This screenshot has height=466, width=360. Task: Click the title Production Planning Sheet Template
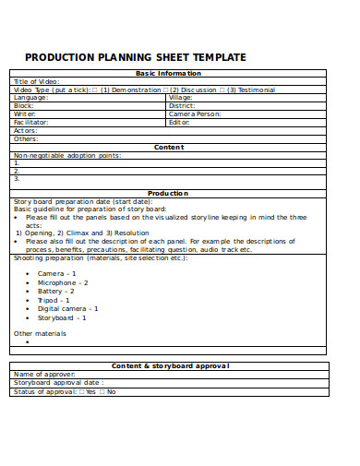(135, 57)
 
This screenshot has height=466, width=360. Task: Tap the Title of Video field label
(36, 81)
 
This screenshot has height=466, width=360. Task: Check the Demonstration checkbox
(96, 90)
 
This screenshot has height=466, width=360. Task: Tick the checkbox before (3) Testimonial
(222, 90)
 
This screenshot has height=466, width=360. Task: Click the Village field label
(181, 97)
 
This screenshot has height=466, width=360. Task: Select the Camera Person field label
(195, 114)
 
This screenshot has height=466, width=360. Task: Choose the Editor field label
(179, 122)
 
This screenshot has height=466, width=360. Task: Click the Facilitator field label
(31, 122)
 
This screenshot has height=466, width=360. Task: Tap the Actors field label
(25, 130)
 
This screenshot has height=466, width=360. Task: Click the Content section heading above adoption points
(169, 147)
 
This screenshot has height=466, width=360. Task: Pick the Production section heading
(168, 193)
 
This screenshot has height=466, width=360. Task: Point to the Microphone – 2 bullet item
(63, 282)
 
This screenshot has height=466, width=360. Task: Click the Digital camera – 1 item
(67, 308)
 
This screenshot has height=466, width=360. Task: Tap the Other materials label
(40, 333)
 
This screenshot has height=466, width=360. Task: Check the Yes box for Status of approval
(81, 391)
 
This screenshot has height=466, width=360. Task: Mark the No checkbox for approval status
(102, 391)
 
